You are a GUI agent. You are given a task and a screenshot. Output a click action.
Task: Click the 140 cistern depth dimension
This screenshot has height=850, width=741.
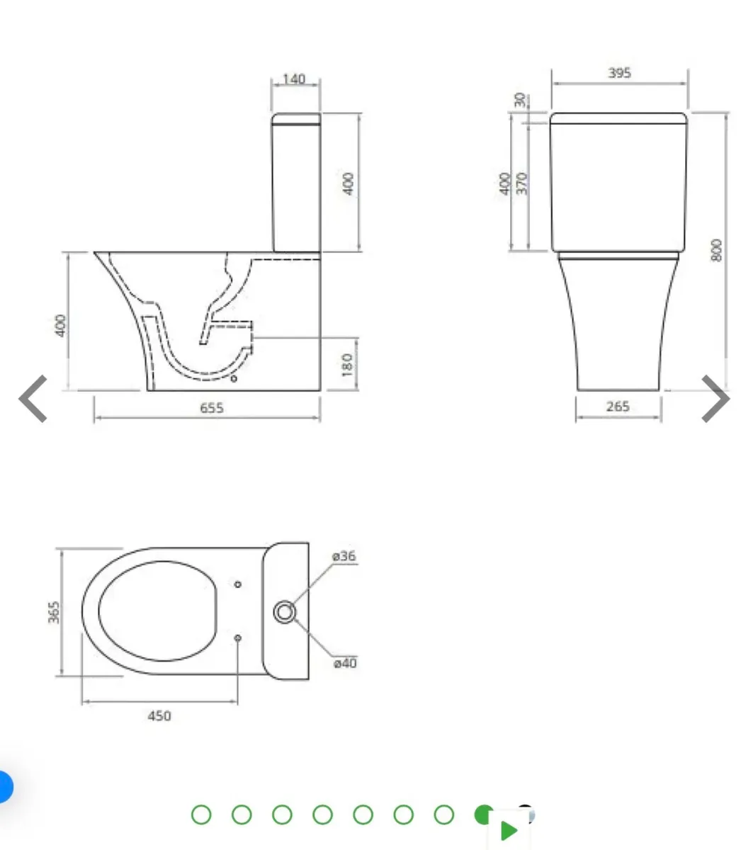tap(294, 79)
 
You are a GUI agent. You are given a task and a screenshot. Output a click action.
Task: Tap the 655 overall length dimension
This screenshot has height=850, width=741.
tap(212, 407)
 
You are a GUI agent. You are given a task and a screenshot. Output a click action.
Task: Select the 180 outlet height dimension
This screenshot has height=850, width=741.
tap(348, 365)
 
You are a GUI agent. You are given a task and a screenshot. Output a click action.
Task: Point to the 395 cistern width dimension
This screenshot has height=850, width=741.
tap(619, 72)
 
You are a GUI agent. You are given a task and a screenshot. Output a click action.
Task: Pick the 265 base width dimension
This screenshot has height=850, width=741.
tap(618, 407)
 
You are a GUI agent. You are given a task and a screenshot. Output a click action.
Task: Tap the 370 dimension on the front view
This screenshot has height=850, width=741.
tap(523, 183)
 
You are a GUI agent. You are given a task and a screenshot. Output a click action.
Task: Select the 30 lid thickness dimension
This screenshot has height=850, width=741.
tap(523, 100)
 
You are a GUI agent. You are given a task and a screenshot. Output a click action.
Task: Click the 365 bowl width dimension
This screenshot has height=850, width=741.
tap(54, 612)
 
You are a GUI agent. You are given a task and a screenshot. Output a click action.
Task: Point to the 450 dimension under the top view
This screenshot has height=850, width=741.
tap(159, 715)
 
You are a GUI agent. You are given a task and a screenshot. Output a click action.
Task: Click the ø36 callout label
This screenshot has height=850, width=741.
tap(344, 556)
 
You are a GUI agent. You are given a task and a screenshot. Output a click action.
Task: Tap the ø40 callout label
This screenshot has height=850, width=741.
tap(345, 663)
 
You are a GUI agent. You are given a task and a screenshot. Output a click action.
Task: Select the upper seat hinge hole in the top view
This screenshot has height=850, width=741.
tap(238, 584)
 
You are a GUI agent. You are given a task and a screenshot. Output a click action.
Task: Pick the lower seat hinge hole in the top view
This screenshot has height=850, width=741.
tap(238, 638)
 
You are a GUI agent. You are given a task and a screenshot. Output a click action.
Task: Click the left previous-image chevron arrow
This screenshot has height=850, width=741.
tap(33, 399)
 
